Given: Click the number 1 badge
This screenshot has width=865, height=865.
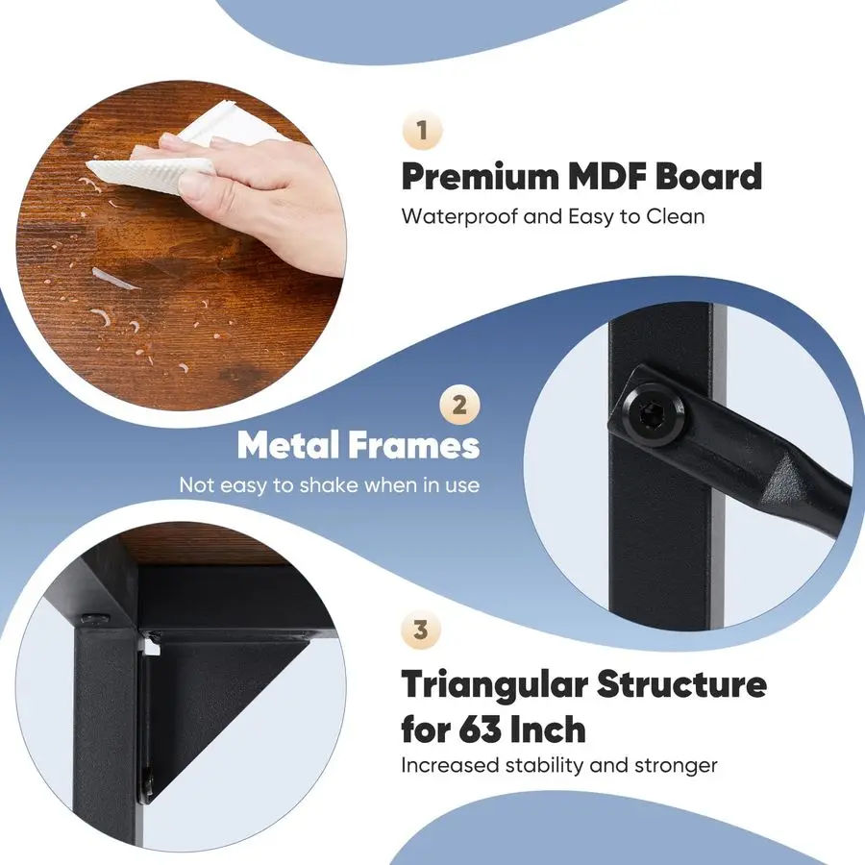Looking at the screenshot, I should tap(422, 132).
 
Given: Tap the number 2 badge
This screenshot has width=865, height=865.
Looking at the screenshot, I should tap(459, 405).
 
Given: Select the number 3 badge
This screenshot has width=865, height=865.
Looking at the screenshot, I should tap(421, 631).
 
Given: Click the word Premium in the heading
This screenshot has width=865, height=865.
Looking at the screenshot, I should tap(481, 177).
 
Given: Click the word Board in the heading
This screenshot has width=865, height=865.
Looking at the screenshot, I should tap(715, 177).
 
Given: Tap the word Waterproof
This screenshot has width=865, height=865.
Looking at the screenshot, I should tap(457, 216).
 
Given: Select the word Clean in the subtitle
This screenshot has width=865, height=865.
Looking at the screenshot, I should tap(676, 216).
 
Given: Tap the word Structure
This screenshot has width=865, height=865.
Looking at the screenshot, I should tap(682, 685).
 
